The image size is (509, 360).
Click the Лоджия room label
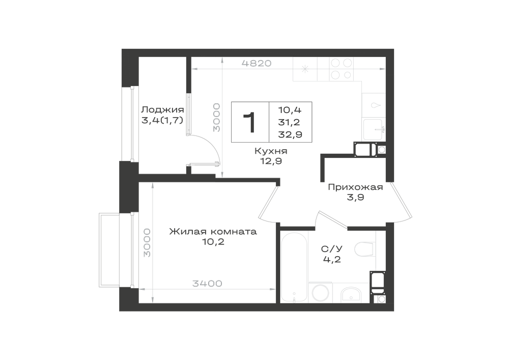pos(162,109)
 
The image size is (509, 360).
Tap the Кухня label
pos(271,151)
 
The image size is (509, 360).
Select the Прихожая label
pos(355,187)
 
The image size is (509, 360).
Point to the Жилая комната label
pos(213,232)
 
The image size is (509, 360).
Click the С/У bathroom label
pos(332,249)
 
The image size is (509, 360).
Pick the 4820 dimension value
pos(257,63)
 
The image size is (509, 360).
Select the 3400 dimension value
pos(208,284)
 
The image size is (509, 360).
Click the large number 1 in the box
pos(250,122)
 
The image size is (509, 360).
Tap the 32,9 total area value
pos(290,134)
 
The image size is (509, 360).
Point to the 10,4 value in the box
pos(290,110)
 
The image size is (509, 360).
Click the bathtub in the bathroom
pos(294,267)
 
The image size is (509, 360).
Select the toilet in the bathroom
pos(364,250)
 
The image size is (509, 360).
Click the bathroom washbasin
pos(351,294)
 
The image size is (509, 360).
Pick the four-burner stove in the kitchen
pos(341,69)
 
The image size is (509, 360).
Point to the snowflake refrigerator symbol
pos(305,69)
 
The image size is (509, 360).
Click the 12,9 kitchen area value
pos(271,161)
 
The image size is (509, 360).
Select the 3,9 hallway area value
pos(355,197)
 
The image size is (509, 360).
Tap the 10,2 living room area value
pos(213,242)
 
